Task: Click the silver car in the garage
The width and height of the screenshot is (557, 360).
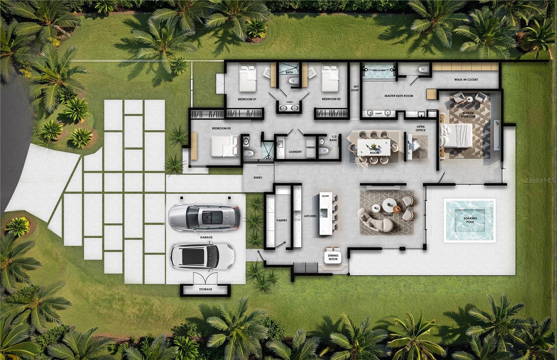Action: pyautogui.click(x=204, y=217)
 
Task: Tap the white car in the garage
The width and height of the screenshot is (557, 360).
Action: pyautogui.click(x=202, y=256)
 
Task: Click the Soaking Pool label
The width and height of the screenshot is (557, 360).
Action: pyautogui.click(x=470, y=220)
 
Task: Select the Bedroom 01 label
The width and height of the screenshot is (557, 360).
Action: pyautogui.click(x=247, y=99)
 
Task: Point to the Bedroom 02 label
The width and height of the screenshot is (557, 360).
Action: pyautogui.click(x=331, y=99)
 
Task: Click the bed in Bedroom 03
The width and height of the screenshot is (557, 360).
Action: pyautogui.click(x=225, y=146)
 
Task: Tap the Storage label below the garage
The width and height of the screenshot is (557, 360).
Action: pyautogui.click(x=205, y=289)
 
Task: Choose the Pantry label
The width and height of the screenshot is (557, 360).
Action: pyautogui.click(x=282, y=220)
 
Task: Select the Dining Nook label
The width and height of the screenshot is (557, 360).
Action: pyautogui.click(x=333, y=257)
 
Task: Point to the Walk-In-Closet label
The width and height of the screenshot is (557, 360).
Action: pyautogui.click(x=466, y=80)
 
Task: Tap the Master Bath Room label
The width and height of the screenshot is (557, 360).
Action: pyautogui.click(x=399, y=96)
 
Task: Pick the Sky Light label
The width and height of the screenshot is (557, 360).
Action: pyautogui.click(x=355, y=88)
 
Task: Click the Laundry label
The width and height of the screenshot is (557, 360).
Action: pyautogui.click(x=295, y=152)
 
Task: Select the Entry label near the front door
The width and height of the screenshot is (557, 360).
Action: pyautogui.click(x=258, y=178)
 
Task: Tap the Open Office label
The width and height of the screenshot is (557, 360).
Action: pyautogui.click(x=420, y=128)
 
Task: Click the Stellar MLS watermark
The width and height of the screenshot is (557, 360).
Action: pyautogui.click(x=541, y=180)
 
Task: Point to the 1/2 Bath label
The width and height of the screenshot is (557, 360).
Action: pyautogui.click(x=333, y=138)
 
